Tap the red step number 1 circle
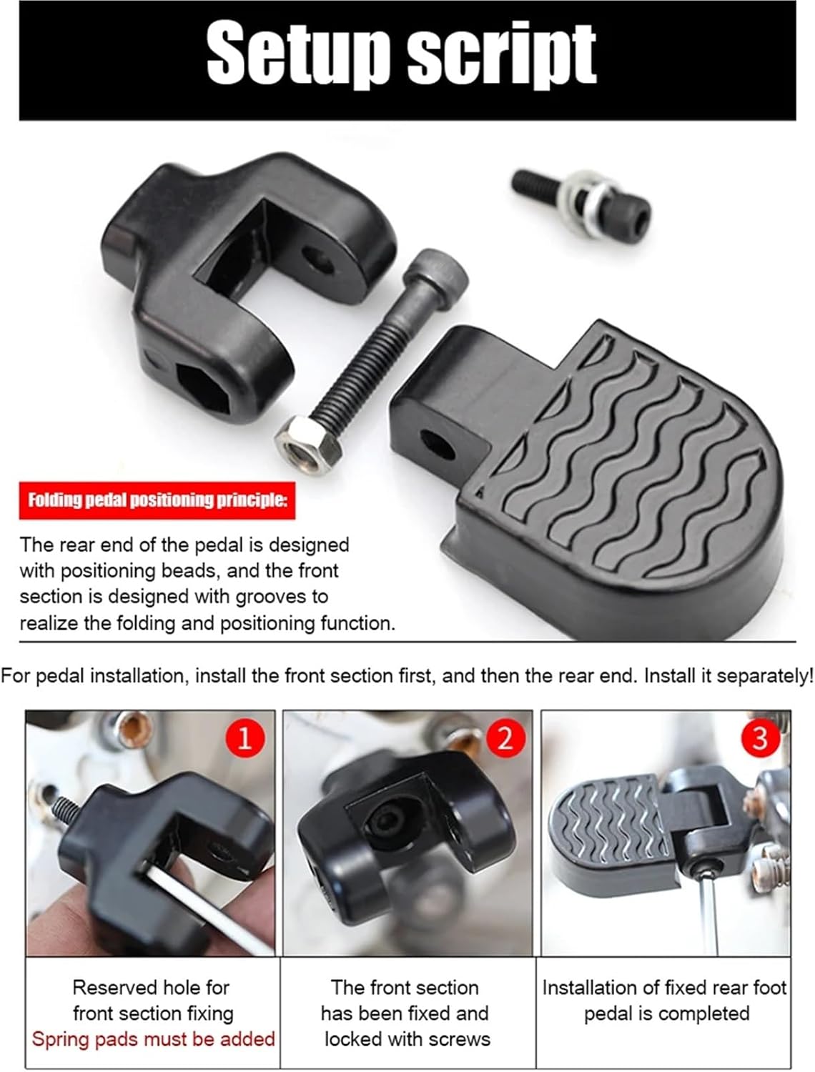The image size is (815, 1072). [x=244, y=737]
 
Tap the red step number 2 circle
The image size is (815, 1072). [x=505, y=737]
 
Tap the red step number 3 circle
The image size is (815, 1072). [x=760, y=737]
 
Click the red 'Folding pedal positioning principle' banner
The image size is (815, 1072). [x=157, y=499]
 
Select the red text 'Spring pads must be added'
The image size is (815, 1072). [x=153, y=1038]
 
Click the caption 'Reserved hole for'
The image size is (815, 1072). [x=151, y=987]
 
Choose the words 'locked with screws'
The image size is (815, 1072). [x=407, y=1038]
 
